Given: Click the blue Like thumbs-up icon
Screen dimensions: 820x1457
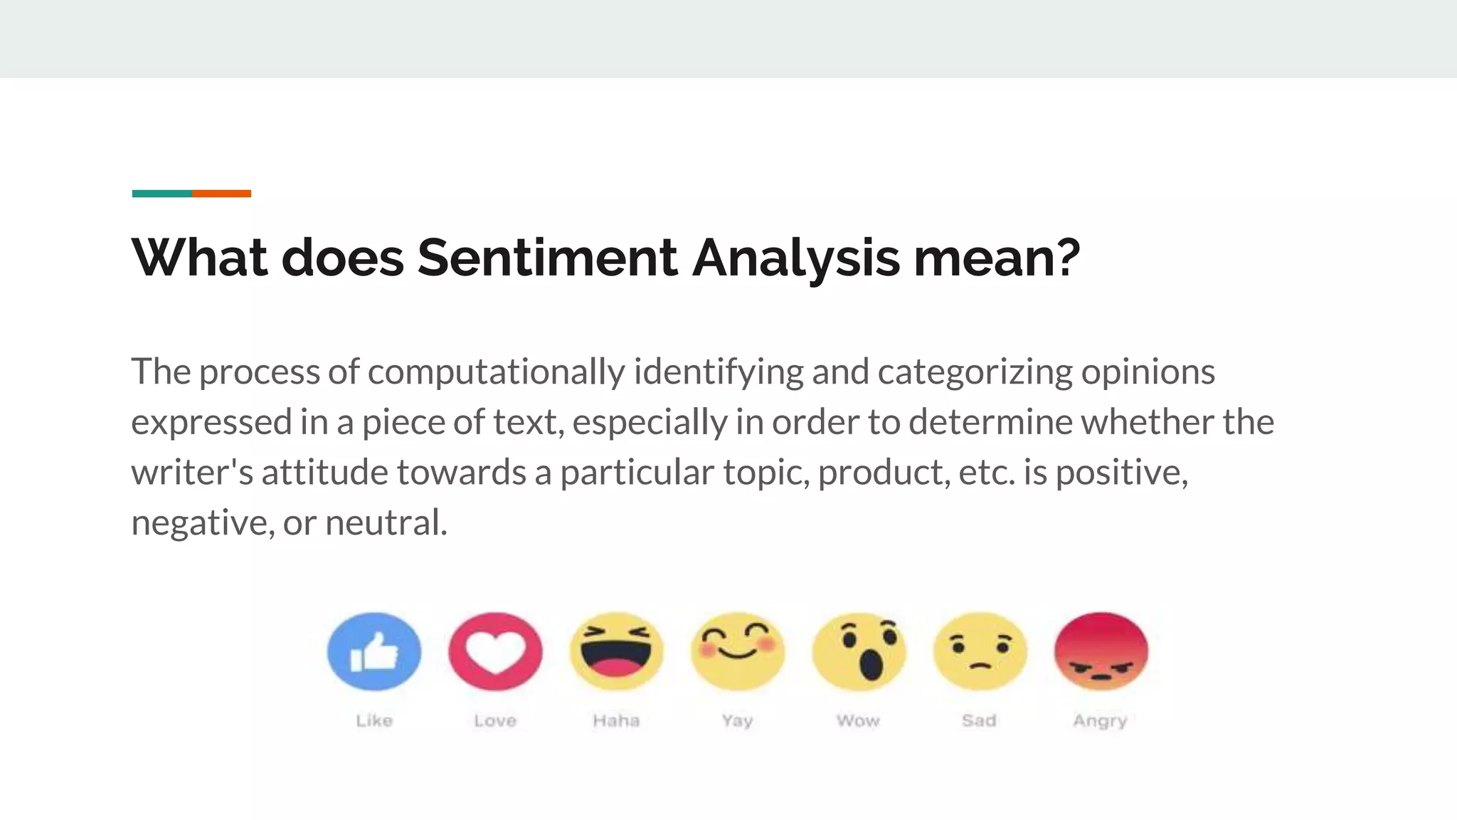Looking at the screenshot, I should coord(374,651).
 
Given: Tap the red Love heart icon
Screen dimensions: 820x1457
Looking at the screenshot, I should coord(495,651).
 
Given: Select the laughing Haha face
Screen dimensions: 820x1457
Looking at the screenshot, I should coord(616,651).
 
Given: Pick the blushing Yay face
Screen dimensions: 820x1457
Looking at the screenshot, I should coord(738,651).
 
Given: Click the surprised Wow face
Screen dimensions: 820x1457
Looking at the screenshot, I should coord(859,651).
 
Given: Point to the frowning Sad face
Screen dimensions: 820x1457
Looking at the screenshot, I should coord(980,651).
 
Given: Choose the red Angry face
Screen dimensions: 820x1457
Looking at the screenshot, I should coord(1101,651).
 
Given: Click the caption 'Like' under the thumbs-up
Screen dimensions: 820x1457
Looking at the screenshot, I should coord(374,720).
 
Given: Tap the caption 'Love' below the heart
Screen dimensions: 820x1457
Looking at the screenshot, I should coord(495,720).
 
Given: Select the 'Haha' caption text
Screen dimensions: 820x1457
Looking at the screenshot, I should coord(616,720).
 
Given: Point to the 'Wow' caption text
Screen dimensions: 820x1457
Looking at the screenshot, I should coord(858,720).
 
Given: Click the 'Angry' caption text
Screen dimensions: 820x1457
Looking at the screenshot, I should coord(1100,721).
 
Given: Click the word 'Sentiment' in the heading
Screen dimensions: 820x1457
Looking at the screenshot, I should coord(547,257).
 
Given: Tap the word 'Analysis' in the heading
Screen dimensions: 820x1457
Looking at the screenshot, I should coord(796,258).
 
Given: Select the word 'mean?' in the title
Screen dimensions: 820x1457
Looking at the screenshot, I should coord(997,257).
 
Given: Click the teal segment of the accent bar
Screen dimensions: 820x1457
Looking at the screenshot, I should coord(161,194).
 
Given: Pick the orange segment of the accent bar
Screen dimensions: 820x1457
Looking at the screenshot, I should coord(221,194).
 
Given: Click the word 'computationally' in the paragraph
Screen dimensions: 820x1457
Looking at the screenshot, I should coord(496,372).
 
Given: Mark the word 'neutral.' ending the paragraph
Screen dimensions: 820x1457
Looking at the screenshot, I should coord(386,522).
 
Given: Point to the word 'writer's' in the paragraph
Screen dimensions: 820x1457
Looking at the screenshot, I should coord(192,472).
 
